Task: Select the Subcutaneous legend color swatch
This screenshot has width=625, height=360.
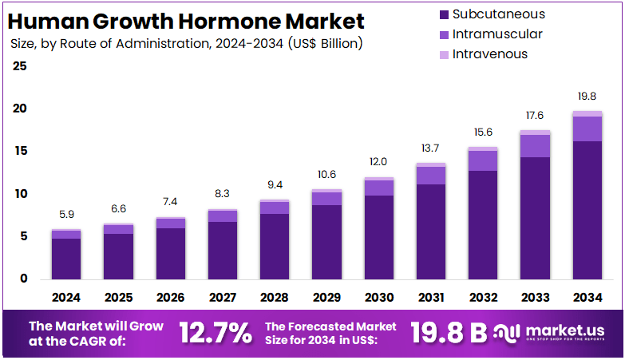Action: point(443,14)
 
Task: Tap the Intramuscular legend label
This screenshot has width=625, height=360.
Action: point(497,34)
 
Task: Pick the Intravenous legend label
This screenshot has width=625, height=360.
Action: point(490,54)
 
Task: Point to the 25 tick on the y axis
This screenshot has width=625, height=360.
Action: point(20,65)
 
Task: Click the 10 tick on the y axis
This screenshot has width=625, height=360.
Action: point(20,194)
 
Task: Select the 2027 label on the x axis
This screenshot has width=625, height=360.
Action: point(223,298)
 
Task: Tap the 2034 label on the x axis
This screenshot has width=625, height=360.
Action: point(587,298)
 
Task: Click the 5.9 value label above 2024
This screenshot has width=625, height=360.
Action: point(66,215)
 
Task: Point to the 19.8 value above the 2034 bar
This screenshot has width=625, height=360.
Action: point(587,96)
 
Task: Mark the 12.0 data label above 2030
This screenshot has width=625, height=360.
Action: point(378,162)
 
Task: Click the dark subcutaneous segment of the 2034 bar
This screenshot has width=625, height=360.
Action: point(587,209)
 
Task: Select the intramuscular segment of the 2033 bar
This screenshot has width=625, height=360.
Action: point(535,146)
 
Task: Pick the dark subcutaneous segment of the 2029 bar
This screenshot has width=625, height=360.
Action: point(326,242)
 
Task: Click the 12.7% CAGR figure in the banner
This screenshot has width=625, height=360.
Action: point(215,333)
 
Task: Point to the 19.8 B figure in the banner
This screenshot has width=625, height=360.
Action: point(448,333)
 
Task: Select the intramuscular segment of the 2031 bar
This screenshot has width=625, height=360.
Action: point(430,176)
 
